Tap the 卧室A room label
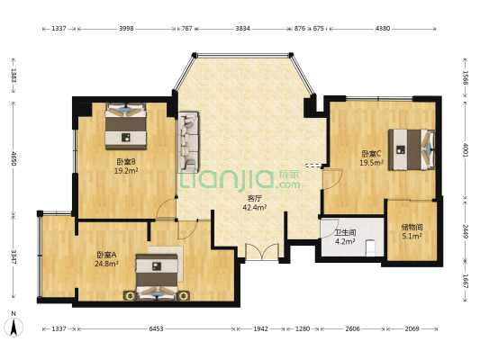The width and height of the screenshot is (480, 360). [x=106, y=255]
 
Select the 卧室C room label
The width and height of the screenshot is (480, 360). [x=371, y=153]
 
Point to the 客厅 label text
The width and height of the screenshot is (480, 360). [x=254, y=199]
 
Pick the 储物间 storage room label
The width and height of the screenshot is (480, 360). [x=412, y=228]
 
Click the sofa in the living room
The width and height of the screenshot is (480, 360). [x=188, y=141]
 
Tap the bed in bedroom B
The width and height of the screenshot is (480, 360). [x=126, y=126]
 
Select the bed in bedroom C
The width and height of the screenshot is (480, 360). [x=412, y=149]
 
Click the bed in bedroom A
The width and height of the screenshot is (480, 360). [x=157, y=277]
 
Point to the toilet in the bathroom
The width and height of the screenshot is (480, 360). [x=370, y=247]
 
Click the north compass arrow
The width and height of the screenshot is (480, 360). [x=14, y=327]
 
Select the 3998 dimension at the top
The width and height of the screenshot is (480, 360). [x=126, y=29]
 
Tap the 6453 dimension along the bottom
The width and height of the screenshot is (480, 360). [x=156, y=328]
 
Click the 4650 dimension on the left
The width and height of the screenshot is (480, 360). [x=14, y=158]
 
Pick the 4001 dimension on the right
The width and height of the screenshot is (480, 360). [x=465, y=150]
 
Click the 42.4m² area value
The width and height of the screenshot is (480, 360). [x=254, y=208]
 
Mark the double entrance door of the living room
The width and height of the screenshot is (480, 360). [x=262, y=252]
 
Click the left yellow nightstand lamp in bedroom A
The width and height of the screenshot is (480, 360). [x=131, y=295]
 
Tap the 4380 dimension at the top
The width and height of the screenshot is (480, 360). [x=383, y=29]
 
